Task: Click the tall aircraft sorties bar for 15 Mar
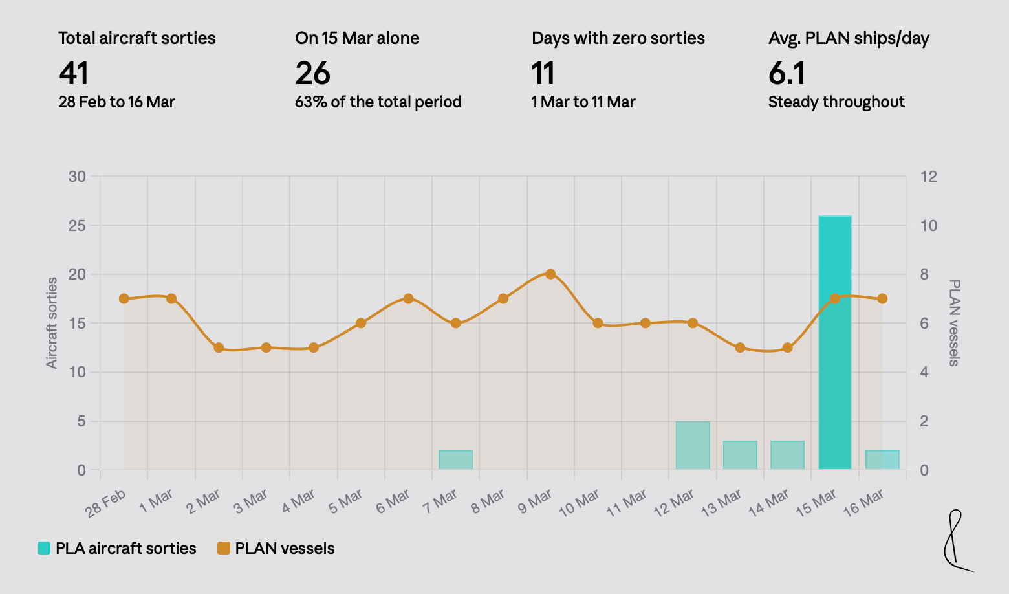coord(834,342)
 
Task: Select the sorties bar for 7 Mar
coord(455,460)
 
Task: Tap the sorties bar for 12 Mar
coord(693,445)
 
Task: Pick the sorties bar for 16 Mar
coord(882,460)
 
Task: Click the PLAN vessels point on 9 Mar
coord(550,274)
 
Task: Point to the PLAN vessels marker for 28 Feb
coord(124,298)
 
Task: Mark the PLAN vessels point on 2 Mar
coord(219,347)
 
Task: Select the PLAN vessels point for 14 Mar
coord(787,347)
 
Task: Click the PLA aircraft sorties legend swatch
coord(44,548)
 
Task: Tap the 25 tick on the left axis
coord(77,226)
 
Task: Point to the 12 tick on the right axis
coord(929,177)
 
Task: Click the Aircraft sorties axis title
coord(52,323)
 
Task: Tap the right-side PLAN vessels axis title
coord(954,323)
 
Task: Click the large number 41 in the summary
coord(73,73)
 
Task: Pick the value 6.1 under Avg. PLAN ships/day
coord(787,73)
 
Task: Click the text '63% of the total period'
coord(378,102)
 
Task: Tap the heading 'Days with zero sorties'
coord(618,38)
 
